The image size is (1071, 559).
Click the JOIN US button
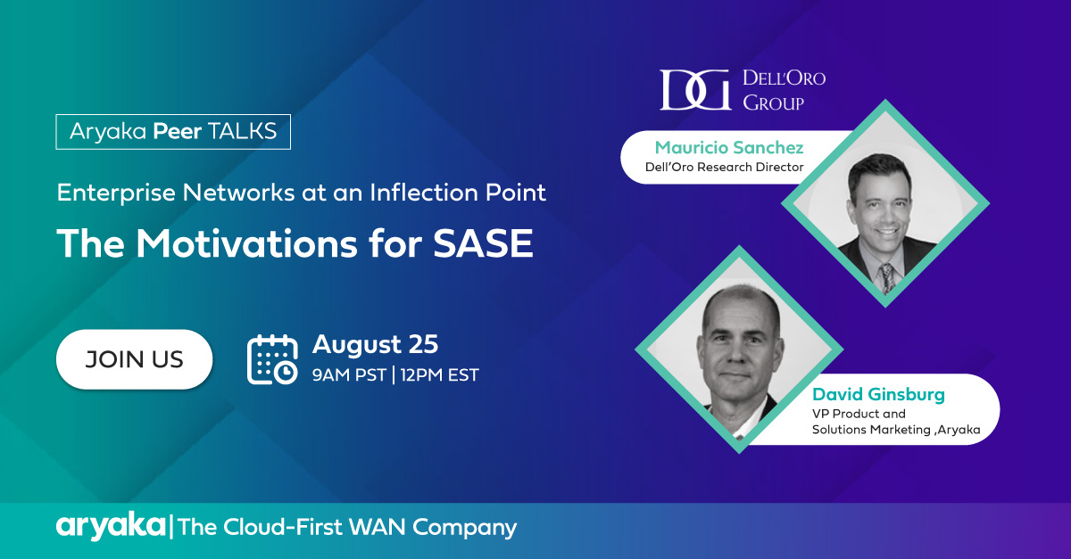pyautogui.click(x=135, y=359)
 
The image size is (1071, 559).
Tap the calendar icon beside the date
pyautogui.click(x=272, y=359)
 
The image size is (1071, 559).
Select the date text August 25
pyautogui.click(x=376, y=344)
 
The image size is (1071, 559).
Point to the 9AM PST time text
pyautogui.click(x=349, y=375)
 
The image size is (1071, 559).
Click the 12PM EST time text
pyautogui.click(x=439, y=375)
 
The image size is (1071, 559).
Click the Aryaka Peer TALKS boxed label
pyautogui.click(x=173, y=132)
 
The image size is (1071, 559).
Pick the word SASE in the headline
pyautogui.click(x=483, y=243)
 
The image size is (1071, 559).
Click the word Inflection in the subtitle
pyautogui.click(x=423, y=193)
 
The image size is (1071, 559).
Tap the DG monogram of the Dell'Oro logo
pyautogui.click(x=695, y=90)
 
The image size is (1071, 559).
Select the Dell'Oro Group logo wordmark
pyautogui.click(x=785, y=90)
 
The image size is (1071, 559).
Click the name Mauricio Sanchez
pyautogui.click(x=729, y=148)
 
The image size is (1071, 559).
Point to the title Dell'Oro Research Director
pyautogui.click(x=725, y=168)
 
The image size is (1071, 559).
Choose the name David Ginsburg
pyautogui.click(x=879, y=395)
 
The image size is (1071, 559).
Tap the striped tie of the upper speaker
pyautogui.click(x=887, y=278)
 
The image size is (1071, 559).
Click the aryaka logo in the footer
pyautogui.click(x=111, y=527)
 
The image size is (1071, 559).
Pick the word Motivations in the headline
pyautogui.click(x=246, y=243)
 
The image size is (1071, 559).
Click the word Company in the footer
pyautogui.click(x=464, y=529)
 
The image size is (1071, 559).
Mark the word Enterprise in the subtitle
pyautogui.click(x=116, y=193)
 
